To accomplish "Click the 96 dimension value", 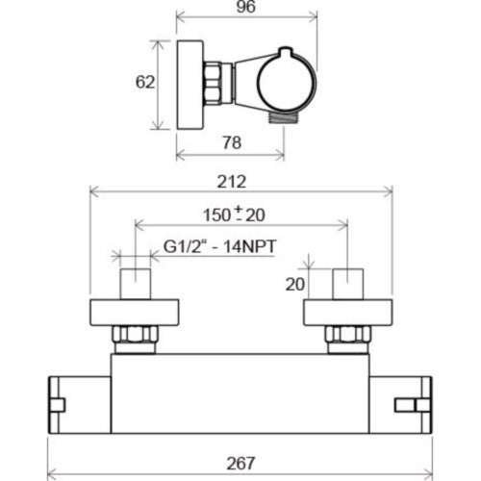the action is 246,7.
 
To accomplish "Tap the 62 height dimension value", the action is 145,82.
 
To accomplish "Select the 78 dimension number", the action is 232,142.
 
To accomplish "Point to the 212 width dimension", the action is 232,182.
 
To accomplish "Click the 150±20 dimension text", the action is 234,214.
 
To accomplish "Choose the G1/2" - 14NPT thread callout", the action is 219,246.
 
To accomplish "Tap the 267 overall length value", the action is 240,464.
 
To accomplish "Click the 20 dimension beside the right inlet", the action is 295,284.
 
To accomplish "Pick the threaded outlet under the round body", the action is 284,118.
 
